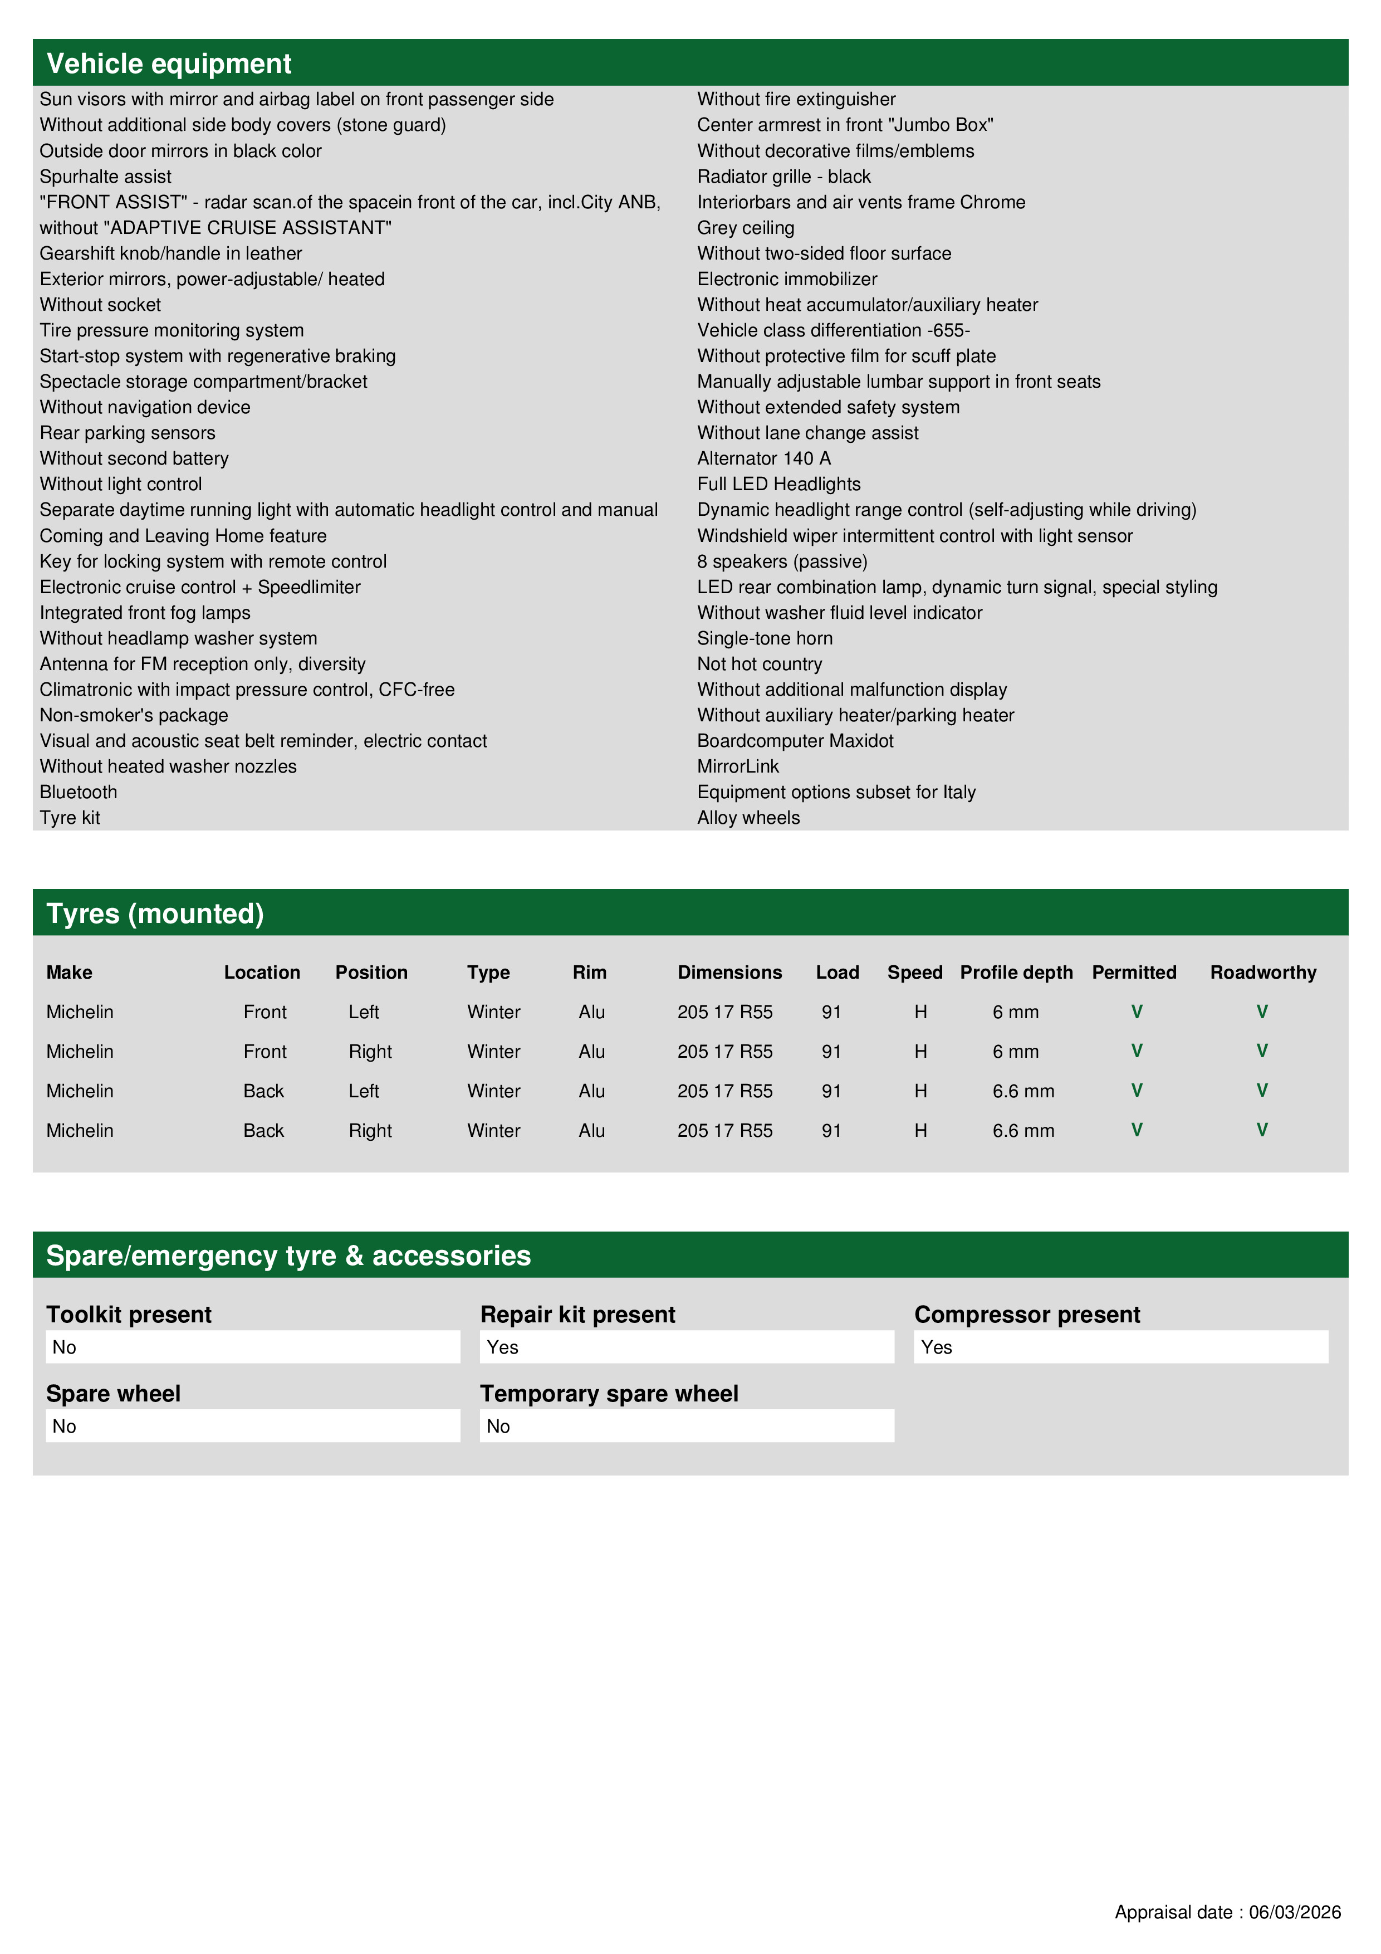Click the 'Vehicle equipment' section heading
click(x=169, y=64)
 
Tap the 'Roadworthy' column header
click(x=1263, y=972)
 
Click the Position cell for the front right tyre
click(x=370, y=1051)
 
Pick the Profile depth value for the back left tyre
click(x=1023, y=1091)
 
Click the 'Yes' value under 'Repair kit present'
click(x=503, y=1347)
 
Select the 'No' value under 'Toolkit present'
click(x=65, y=1347)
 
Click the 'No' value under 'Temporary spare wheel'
click(x=498, y=1427)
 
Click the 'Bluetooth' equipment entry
click(x=79, y=792)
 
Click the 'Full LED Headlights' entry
click(x=778, y=483)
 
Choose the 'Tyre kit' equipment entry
click(x=70, y=817)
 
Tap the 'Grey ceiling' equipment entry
click(x=746, y=227)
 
